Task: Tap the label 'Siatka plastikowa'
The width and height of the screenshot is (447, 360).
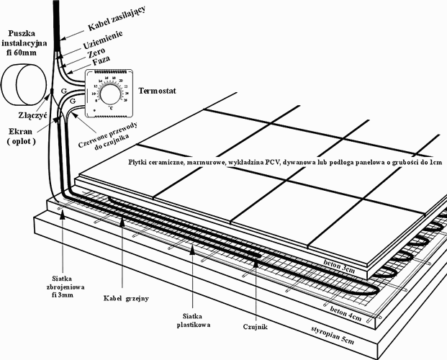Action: pyautogui.click(x=191, y=321)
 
